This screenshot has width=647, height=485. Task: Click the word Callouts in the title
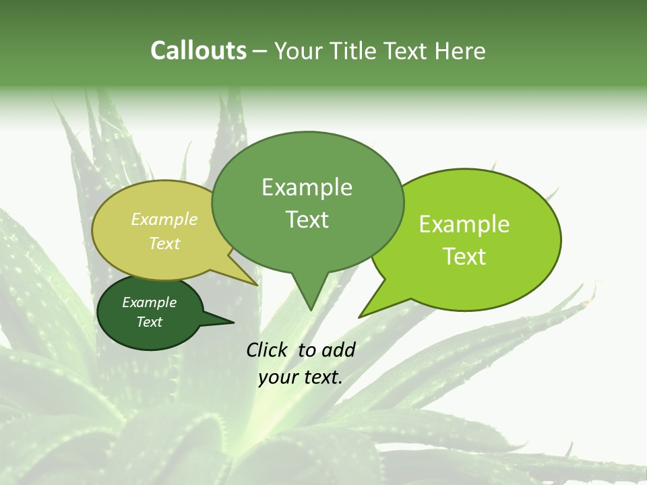coord(198,51)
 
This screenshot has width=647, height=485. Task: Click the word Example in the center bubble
coord(307,188)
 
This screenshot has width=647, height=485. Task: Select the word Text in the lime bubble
coord(464,257)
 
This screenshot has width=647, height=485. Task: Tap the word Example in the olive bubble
coord(164,219)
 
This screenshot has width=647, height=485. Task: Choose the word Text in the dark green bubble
coord(150,322)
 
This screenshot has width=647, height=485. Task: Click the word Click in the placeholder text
coord(267,350)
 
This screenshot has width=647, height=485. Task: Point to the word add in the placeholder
coord(338,350)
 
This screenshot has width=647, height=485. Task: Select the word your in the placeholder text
coord(277,377)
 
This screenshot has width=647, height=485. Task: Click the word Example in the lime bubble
coord(464,224)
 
